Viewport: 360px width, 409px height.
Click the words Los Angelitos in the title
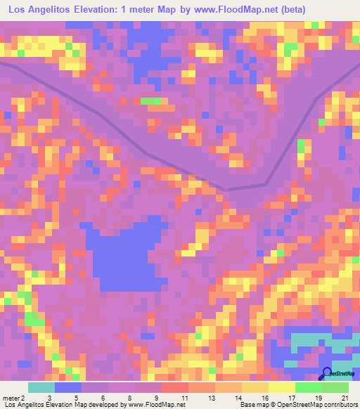click(x=34, y=9)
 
